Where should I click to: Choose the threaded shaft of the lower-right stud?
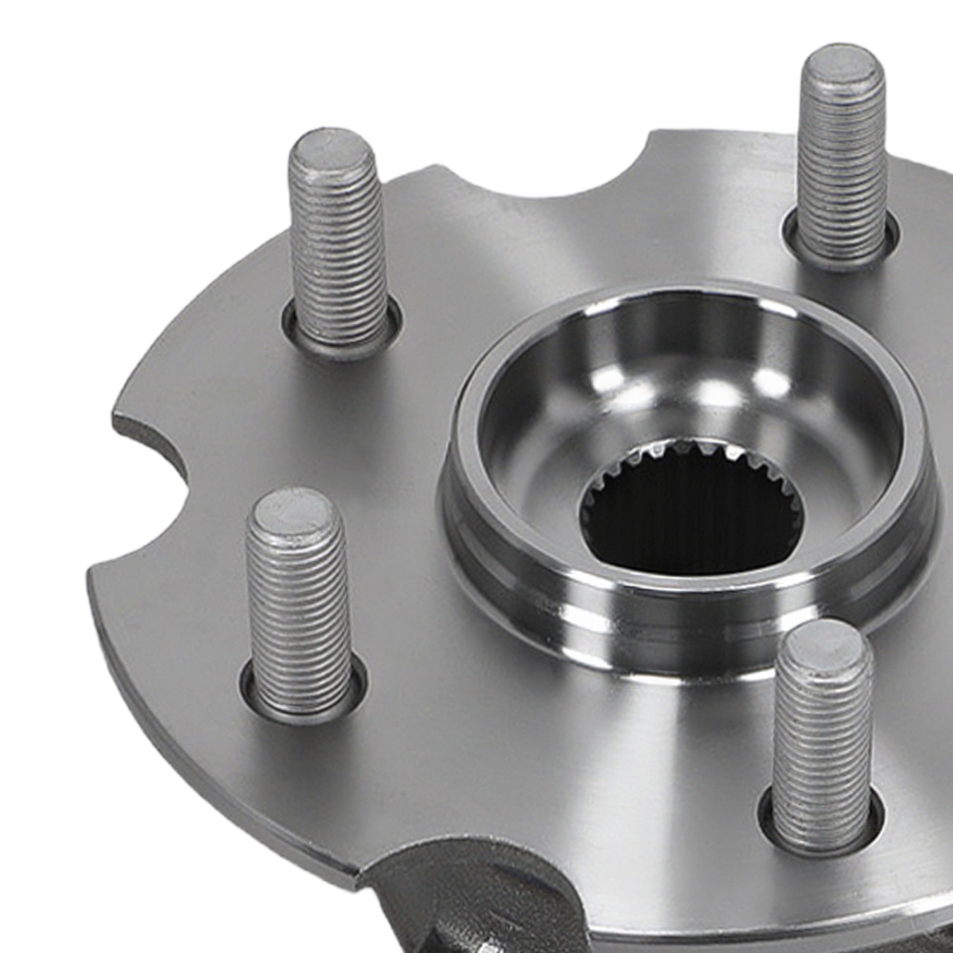click(821, 743)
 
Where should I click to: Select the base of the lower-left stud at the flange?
click(303, 700)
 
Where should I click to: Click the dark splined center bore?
click(691, 519)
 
